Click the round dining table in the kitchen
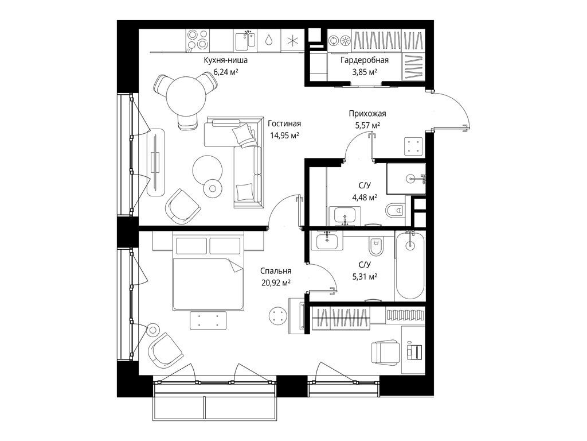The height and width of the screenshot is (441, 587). point(185,95)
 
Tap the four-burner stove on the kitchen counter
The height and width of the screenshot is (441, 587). point(198,41)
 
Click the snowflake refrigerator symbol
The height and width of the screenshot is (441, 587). point(293,41)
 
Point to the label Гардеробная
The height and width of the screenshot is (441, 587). point(365,60)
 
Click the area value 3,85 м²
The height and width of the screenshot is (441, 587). point(365,72)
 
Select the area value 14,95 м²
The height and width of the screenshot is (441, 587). point(285,136)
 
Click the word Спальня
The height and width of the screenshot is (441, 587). point(276,271)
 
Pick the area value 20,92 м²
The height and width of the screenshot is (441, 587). point(276,282)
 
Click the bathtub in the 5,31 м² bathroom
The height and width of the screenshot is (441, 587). point(410,265)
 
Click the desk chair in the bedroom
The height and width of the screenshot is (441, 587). point(385,351)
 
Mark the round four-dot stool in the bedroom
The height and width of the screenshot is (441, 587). point(278,315)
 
